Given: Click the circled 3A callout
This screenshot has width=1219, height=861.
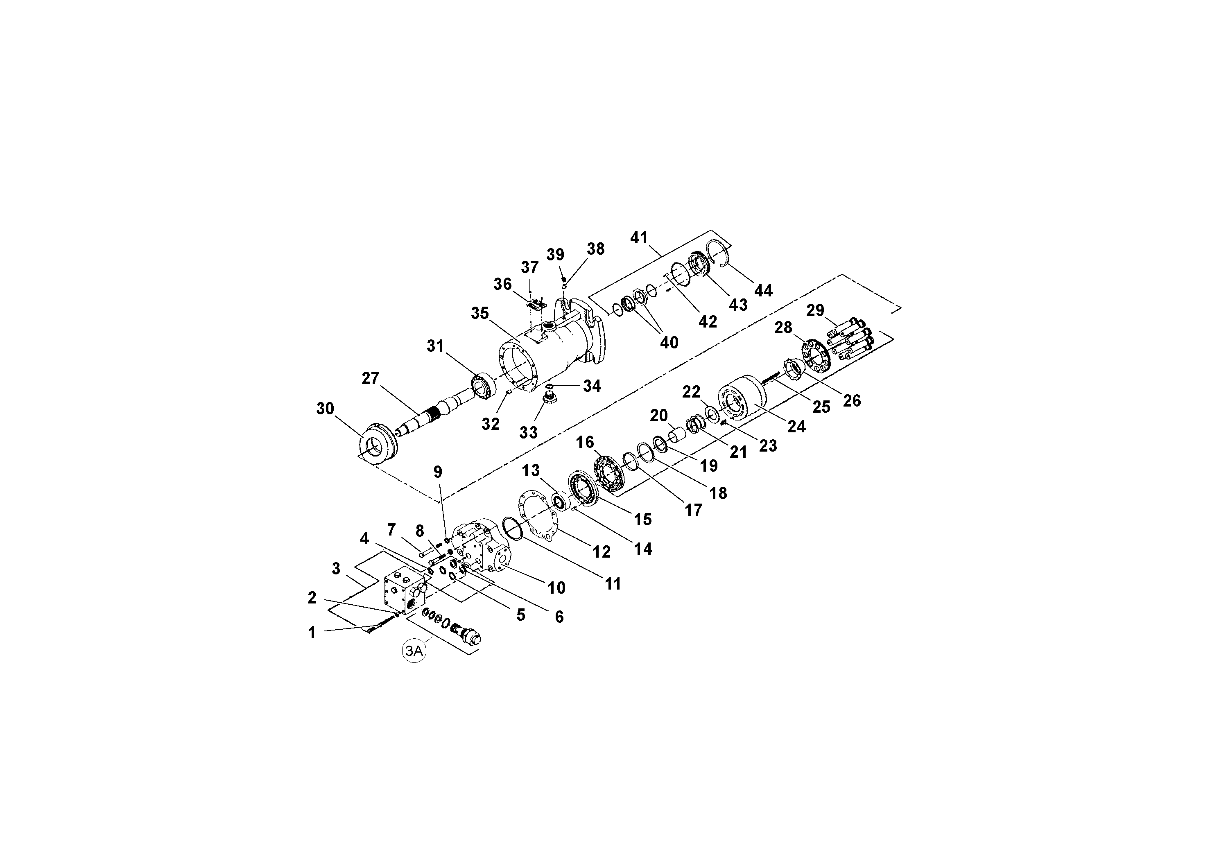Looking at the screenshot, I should pyautogui.click(x=414, y=651).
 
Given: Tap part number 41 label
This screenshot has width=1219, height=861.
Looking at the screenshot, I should pyautogui.click(x=639, y=237).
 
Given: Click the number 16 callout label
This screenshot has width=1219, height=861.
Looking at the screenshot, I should pyautogui.click(x=585, y=442).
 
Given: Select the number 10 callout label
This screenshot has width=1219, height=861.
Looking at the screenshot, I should pyautogui.click(x=556, y=588).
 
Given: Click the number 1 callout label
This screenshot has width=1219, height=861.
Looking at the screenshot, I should pyautogui.click(x=312, y=633).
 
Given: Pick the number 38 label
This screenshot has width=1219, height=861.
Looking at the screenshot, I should pyautogui.click(x=596, y=249).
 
